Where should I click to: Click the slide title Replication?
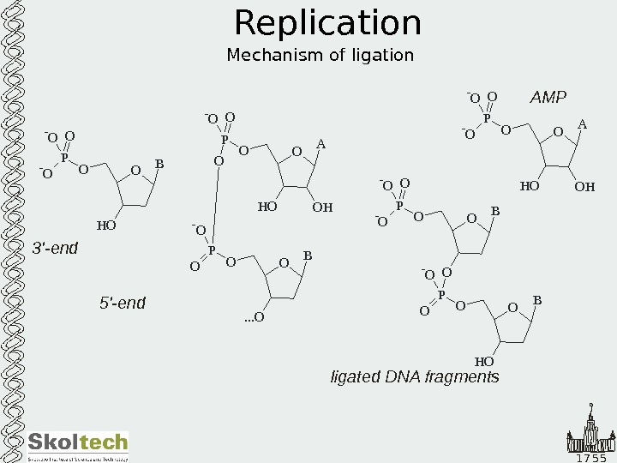pyautogui.click(x=327, y=24)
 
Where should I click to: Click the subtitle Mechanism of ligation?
pyautogui.click(x=320, y=56)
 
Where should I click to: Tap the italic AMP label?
pyautogui.click(x=548, y=98)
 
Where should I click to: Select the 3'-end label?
pyautogui.click(x=55, y=249)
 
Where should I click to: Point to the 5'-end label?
pyautogui.click(x=123, y=303)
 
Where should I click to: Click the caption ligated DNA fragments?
pyautogui.click(x=415, y=376)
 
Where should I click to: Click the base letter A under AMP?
pyautogui.click(x=582, y=125)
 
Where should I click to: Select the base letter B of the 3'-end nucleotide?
pyautogui.click(x=159, y=163)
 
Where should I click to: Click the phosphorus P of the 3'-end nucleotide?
pyautogui.click(x=64, y=158)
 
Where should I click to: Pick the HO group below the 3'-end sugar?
pyautogui.click(x=105, y=226)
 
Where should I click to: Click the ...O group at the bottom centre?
pyautogui.click(x=255, y=319)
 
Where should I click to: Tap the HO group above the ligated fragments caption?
pyautogui.click(x=484, y=362)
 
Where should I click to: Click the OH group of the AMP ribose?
pyautogui.click(x=584, y=186)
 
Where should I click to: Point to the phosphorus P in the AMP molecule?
pyautogui.click(x=486, y=119)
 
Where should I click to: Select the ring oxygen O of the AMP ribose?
pyautogui.click(x=558, y=132)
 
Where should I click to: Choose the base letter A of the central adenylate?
pyautogui.click(x=320, y=145)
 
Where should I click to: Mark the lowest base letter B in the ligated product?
pyautogui.click(x=537, y=300)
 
